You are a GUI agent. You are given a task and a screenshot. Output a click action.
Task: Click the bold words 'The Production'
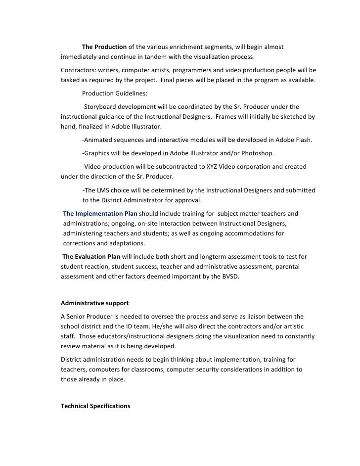(104, 47)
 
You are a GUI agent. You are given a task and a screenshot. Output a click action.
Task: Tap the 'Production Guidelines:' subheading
(114, 93)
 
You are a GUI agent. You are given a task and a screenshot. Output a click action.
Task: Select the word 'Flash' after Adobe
(301, 140)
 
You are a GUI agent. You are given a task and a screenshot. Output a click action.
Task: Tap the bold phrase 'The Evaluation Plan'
(91, 257)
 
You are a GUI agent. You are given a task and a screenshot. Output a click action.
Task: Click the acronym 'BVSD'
(227, 277)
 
